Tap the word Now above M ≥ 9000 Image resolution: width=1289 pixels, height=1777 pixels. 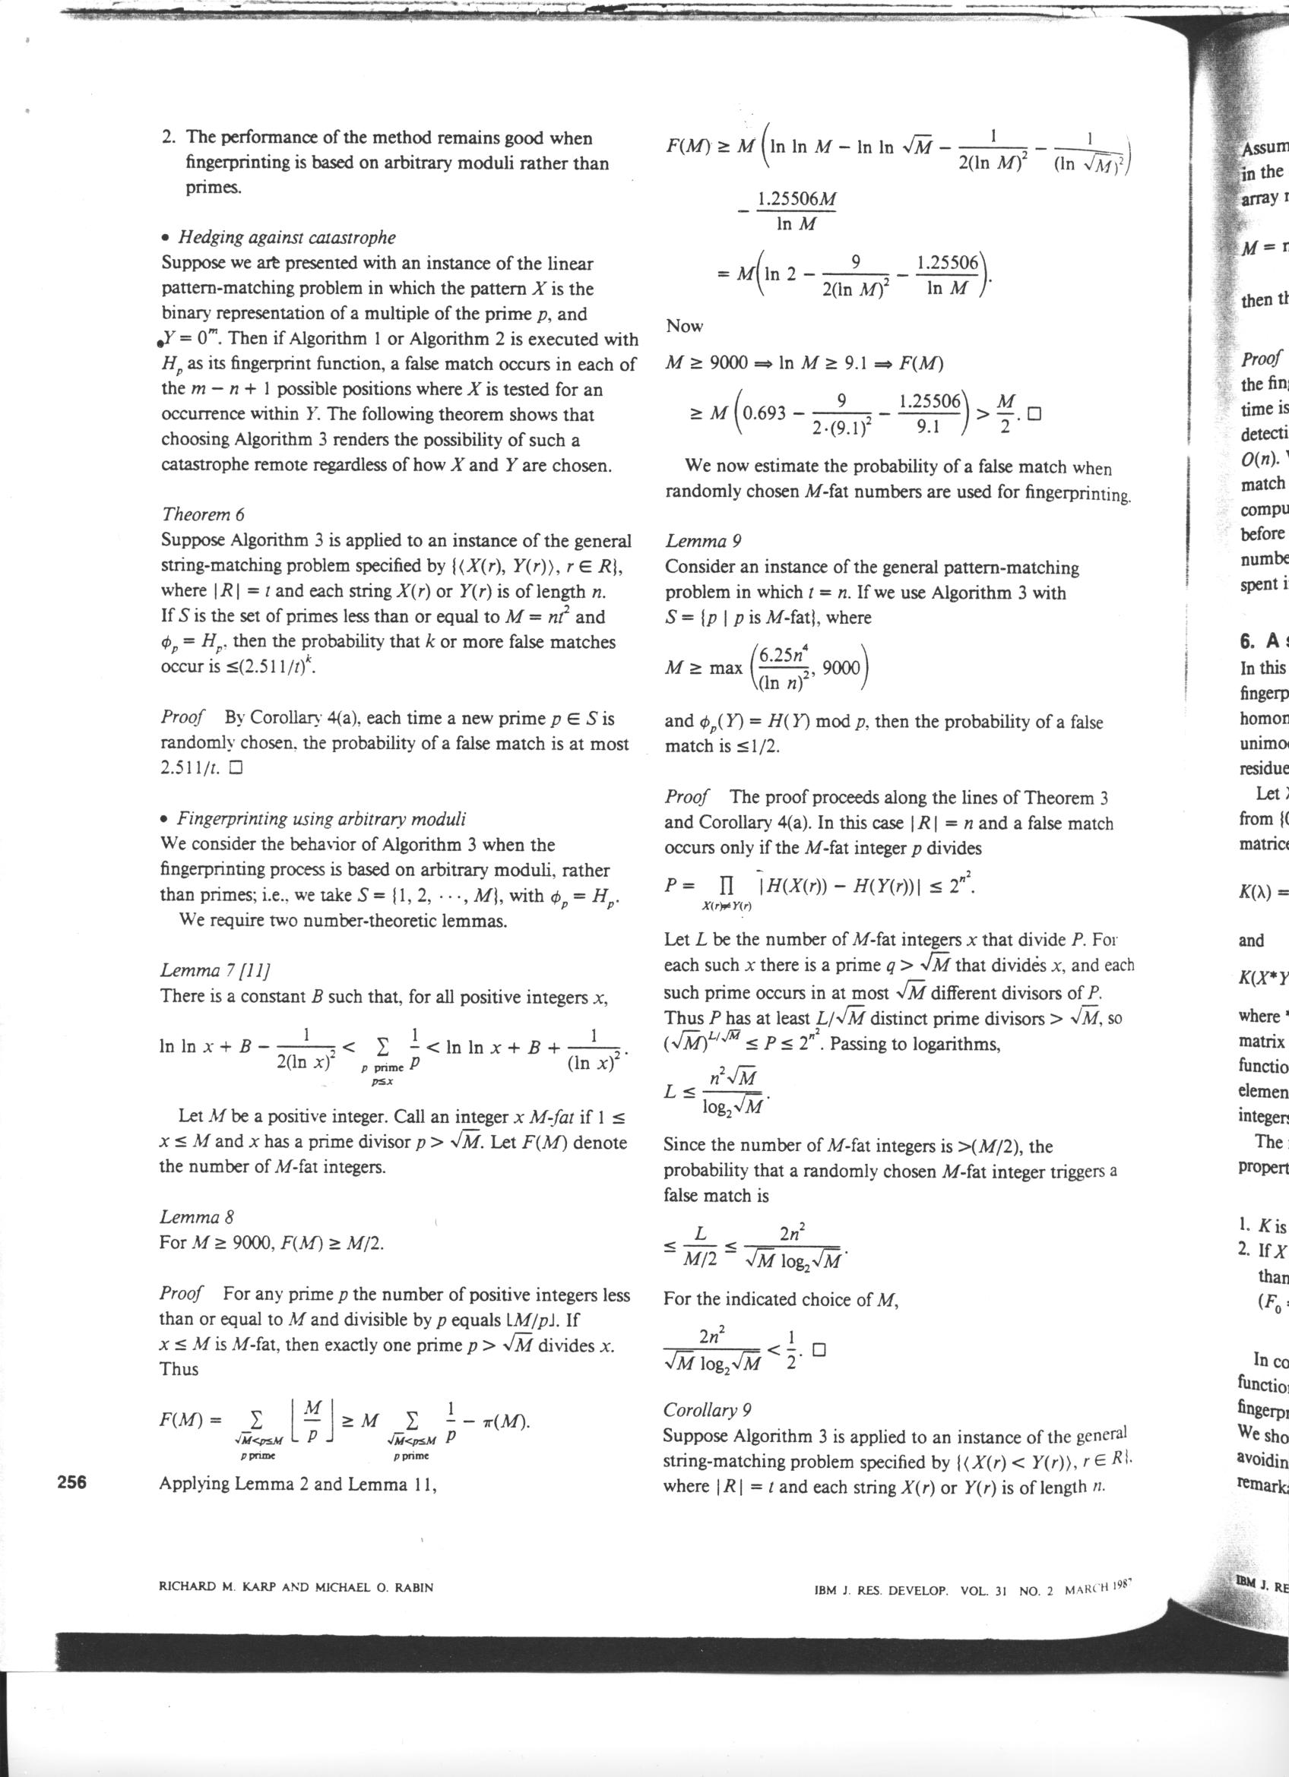click(x=684, y=326)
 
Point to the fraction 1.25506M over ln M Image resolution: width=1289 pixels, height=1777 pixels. click(x=795, y=212)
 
